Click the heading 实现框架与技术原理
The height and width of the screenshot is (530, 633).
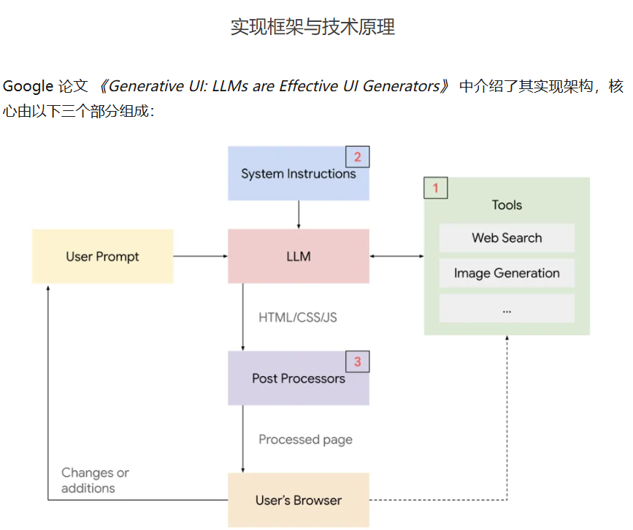312,28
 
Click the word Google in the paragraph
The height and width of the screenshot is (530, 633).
28,86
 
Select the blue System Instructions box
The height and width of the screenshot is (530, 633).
298,174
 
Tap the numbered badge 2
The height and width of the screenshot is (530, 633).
357,157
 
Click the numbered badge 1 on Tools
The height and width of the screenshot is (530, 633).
436,188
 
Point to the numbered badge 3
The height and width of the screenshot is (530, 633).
357,361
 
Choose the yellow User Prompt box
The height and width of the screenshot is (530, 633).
102,256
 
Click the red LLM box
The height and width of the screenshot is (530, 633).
298,256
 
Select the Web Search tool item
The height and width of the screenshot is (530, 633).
507,238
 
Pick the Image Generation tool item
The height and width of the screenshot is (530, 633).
507,273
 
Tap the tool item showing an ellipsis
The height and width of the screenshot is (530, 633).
507,309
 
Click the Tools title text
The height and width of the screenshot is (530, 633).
507,205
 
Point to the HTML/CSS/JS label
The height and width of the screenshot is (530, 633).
298,318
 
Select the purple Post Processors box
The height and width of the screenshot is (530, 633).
298,378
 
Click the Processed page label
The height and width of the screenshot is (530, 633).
305,439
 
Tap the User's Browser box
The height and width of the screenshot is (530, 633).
298,500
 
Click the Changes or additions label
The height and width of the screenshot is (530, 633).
95,480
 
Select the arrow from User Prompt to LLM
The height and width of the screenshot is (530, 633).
201,256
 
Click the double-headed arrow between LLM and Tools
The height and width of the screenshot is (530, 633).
396,256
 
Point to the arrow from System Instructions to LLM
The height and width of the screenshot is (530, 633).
299,215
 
